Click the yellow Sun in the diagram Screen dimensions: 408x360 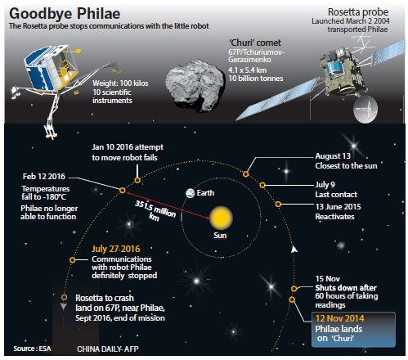(221, 218)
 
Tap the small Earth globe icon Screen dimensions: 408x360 (190, 193)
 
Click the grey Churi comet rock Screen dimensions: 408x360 (195, 85)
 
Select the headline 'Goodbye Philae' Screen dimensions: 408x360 (65, 13)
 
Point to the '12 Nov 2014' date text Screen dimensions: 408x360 (339, 318)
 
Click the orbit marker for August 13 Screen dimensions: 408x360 (246, 174)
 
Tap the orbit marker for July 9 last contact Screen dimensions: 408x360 (262, 185)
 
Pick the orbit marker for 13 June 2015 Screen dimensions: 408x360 (278, 204)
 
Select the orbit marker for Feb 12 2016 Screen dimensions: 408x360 (123, 191)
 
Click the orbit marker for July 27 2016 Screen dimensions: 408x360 (72, 260)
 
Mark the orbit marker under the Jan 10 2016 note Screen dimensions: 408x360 (137, 180)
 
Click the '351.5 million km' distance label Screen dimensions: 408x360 (155, 210)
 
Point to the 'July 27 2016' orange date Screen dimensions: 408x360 (116, 249)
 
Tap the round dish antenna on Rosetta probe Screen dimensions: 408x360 (365, 109)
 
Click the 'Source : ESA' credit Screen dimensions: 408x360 (32, 349)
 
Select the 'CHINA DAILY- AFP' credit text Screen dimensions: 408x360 (108, 349)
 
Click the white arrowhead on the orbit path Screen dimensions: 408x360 (294, 250)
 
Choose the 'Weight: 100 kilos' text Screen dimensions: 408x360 (120, 83)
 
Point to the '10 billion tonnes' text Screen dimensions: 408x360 (256, 79)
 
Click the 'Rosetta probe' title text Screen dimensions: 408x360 (358, 12)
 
